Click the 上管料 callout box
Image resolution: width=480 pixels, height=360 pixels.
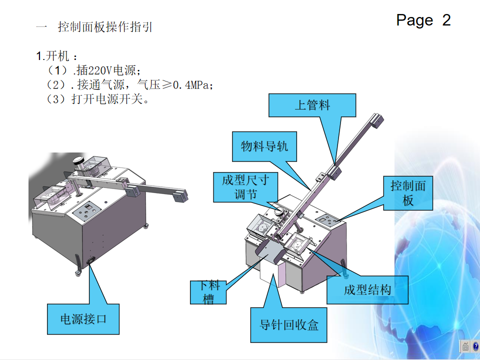coord(312,105)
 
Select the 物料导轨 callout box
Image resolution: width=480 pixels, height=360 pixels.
coord(264,147)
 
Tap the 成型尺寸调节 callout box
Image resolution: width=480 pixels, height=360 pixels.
coord(245,187)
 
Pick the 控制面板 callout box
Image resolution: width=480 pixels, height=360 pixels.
coord(408,193)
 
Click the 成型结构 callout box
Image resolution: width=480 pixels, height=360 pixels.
coord(367,290)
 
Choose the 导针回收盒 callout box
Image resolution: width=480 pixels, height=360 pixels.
coord(289,325)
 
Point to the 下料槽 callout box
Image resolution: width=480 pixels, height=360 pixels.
coord(209,292)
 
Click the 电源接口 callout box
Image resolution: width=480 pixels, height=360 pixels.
coord(83,319)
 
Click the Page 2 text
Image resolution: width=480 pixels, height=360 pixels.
coord(423,20)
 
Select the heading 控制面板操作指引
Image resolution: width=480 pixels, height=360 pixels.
coord(105,27)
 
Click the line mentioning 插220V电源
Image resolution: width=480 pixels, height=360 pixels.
coord(94,70)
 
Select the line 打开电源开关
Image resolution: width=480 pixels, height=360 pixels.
coord(98,99)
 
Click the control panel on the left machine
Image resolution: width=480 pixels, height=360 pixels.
coord(87,211)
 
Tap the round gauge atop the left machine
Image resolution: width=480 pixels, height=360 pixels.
coord(79,161)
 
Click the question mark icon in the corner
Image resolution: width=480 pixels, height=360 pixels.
coord(475,346)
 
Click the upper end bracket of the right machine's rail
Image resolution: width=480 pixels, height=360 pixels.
coord(378,120)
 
